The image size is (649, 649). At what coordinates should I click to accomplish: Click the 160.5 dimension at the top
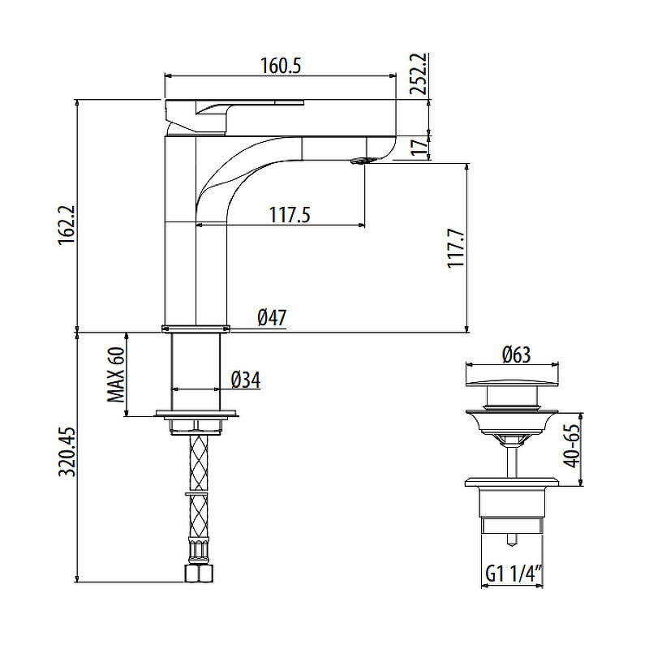(281, 66)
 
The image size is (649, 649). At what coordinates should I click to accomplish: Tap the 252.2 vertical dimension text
(419, 75)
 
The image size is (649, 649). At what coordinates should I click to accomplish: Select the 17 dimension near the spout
(419, 147)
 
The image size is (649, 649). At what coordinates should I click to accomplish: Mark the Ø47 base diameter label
(272, 318)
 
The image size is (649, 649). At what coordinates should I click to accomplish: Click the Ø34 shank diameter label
(245, 379)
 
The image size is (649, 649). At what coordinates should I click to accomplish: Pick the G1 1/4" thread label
(513, 574)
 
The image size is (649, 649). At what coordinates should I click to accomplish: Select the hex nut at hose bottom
(198, 574)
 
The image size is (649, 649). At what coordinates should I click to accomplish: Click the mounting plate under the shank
(197, 415)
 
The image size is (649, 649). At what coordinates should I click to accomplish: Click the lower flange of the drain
(512, 485)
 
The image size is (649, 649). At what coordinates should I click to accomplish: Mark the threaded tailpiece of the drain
(511, 515)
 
